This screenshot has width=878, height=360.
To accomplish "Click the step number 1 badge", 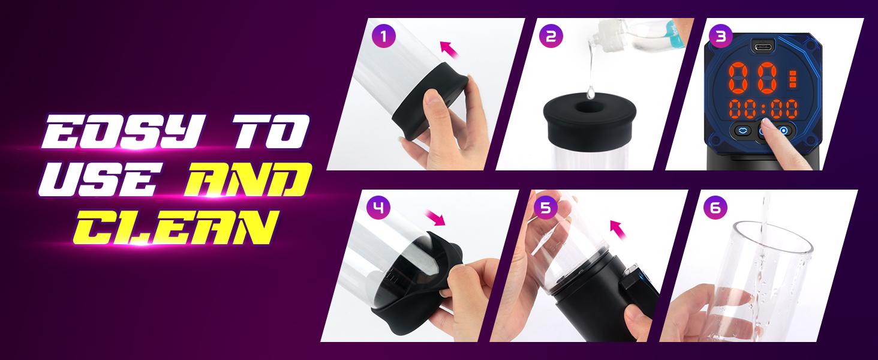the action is [383, 36].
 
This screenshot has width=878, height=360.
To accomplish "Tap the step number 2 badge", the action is [551, 36].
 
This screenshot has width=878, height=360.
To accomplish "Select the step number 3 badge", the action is [720, 36].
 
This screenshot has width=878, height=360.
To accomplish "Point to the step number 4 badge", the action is [378, 207].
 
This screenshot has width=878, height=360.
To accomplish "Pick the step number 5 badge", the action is [546, 207].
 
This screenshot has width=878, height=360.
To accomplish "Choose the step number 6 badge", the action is [715, 207].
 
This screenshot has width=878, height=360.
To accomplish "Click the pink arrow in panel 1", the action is [449, 50].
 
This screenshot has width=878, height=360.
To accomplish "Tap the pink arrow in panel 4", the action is [436, 218].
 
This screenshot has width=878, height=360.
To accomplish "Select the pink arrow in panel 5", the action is [618, 229].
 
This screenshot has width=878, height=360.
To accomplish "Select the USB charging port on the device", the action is [763, 47].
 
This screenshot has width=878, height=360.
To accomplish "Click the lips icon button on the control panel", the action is [741, 131].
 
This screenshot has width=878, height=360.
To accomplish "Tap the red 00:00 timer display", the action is [763, 109].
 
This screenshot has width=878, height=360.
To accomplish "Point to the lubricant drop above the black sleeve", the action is [590, 92].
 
